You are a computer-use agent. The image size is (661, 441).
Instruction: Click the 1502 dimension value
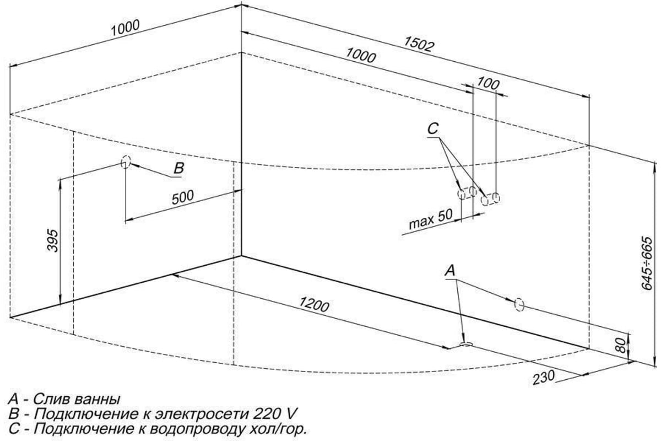(x=419, y=44)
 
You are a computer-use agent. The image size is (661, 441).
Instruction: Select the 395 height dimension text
(x=53, y=240)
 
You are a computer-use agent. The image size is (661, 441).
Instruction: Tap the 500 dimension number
(x=183, y=197)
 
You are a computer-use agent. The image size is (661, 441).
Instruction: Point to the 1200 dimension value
(x=314, y=304)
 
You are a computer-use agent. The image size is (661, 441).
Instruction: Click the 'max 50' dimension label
(x=431, y=219)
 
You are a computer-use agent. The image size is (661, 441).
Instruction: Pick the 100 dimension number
(x=488, y=83)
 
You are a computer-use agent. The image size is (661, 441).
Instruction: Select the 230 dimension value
(x=544, y=378)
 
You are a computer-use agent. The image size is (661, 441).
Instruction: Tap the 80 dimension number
(x=621, y=345)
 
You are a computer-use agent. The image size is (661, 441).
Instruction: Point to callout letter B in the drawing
(x=179, y=168)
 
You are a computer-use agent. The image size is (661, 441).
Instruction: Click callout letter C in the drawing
(x=433, y=129)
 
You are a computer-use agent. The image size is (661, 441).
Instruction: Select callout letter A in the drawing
(x=449, y=270)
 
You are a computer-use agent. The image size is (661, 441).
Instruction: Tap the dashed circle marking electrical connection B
(x=126, y=162)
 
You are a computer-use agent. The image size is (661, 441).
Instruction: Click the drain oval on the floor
(x=466, y=344)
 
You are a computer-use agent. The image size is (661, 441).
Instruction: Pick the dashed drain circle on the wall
(x=519, y=304)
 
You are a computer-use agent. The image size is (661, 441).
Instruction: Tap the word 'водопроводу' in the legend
(x=197, y=429)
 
